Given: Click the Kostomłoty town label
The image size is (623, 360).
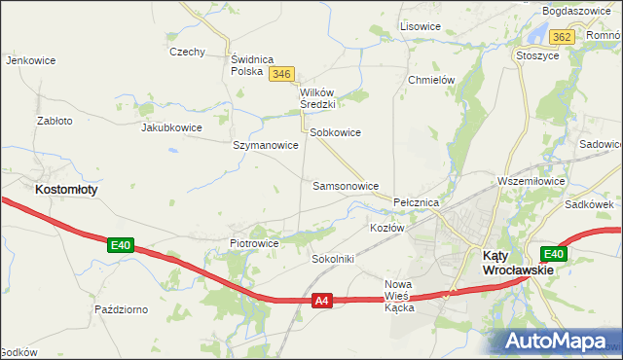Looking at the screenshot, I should (66, 190).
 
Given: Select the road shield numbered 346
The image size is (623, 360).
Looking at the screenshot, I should (282, 74).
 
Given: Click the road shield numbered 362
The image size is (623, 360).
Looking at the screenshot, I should (561, 37).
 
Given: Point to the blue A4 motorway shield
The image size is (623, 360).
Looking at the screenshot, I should (323, 302).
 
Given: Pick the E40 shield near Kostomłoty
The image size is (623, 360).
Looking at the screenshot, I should (120, 245).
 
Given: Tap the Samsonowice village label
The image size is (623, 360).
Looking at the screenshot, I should (346, 185).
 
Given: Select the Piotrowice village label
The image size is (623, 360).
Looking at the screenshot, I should (254, 243).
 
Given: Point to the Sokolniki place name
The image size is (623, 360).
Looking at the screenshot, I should (333, 260).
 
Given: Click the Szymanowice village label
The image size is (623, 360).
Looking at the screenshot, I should (265, 145).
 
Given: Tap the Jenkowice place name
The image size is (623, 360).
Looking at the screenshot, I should (30, 60).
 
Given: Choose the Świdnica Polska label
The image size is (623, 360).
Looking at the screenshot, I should (253, 65).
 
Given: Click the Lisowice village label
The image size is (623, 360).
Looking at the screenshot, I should (420, 26).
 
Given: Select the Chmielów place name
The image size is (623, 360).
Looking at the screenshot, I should (433, 81).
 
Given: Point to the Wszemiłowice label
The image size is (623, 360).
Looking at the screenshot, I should (531, 181).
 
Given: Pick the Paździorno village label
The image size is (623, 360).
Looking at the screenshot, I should (121, 309).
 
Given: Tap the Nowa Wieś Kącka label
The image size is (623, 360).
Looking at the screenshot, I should (399, 296).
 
